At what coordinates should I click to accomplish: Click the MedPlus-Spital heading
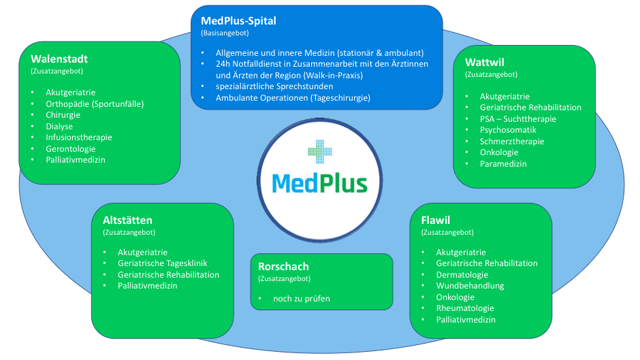pos(238,20)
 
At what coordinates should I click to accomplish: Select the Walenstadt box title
pos(59,59)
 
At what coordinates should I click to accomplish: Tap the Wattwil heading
pos(484,63)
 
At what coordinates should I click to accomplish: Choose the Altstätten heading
pos(127,220)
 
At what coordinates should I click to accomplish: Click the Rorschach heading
pos(283,266)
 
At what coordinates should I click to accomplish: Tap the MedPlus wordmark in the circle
pos(319,183)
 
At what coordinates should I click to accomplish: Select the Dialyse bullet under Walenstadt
pos(59,126)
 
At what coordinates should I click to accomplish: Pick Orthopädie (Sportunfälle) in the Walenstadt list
pos(95,103)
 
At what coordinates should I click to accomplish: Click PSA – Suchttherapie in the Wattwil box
pos(517,118)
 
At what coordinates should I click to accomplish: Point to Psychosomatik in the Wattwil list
pos(508,129)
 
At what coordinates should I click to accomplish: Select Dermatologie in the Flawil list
pos(462,274)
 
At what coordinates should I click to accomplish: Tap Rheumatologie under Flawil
pos(465,308)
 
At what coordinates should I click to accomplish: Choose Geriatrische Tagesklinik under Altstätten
pos(162,263)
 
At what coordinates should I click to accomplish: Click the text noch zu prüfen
pos(301,298)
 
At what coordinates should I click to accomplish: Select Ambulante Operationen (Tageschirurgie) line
pos(293,98)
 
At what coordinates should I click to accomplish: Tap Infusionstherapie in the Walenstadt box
pos(79,137)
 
